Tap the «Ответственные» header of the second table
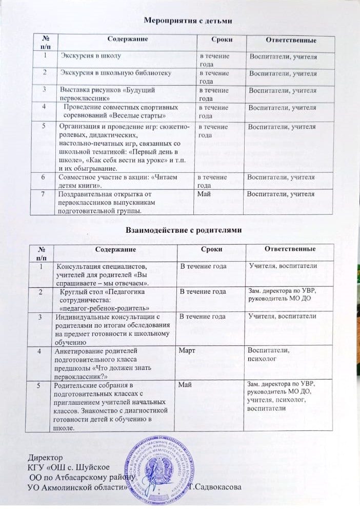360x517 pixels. [289, 249]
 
